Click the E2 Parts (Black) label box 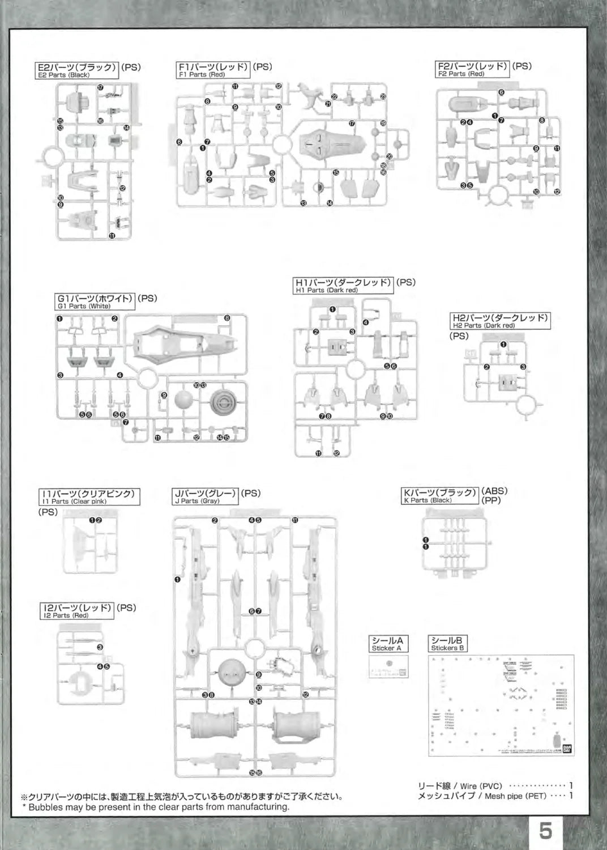76,70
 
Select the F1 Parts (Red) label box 213,70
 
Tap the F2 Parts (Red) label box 473,69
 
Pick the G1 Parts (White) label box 95,301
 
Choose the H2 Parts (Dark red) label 501,321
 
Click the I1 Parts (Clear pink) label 89,497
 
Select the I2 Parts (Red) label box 77,611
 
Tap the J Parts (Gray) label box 206,496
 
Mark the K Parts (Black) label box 439,496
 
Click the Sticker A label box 387,644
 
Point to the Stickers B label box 448,644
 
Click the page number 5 546,831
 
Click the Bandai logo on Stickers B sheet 568,748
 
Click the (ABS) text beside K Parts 494,491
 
